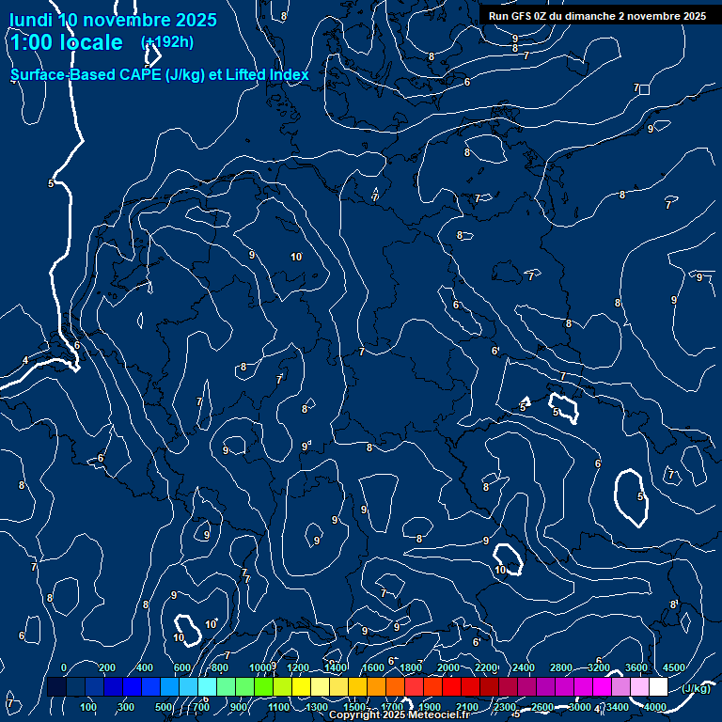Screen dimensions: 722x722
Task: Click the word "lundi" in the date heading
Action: point(31,20)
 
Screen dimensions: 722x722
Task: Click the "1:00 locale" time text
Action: point(66,43)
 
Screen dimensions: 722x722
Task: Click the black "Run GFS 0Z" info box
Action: point(598,16)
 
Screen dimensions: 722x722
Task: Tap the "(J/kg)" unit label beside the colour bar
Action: point(696,688)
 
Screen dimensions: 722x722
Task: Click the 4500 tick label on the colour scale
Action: point(674,667)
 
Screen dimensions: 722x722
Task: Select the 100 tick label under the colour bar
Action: point(88,707)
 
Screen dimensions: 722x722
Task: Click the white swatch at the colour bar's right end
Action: point(658,687)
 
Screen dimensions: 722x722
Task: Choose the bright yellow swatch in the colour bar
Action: point(320,687)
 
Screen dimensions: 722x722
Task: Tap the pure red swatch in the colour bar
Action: point(451,687)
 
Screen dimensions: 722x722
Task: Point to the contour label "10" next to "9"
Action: point(296,257)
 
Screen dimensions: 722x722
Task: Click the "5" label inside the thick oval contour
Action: point(641,496)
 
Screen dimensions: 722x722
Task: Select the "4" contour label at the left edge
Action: point(25,360)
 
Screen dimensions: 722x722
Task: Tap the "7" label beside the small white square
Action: point(636,87)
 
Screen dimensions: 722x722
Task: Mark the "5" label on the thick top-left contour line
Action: point(51,183)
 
